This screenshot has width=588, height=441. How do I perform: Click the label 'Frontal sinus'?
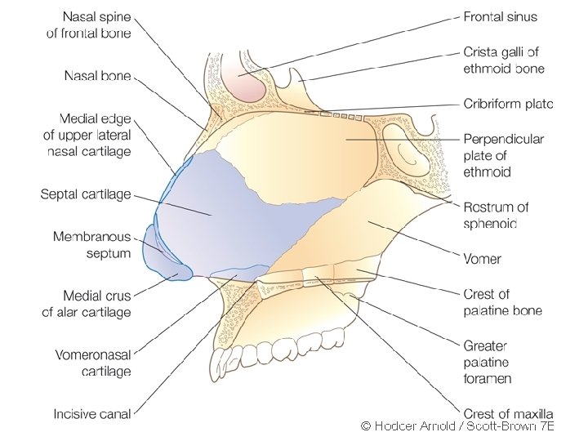click(500, 16)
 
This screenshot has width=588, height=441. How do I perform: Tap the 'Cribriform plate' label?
click(508, 104)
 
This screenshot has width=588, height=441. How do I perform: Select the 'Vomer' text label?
click(482, 259)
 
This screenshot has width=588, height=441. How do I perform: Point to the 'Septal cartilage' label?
click(86, 194)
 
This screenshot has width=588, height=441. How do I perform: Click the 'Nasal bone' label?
click(98, 76)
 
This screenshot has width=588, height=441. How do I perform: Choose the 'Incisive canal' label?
click(92, 414)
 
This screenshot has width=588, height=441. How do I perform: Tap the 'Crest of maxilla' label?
click(508, 414)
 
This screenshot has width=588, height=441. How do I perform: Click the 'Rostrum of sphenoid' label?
click(496, 215)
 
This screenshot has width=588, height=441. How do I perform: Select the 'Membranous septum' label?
click(91, 244)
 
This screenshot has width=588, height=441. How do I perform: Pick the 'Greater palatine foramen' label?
click(488, 362)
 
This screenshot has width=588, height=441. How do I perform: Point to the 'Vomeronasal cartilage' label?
click(93, 363)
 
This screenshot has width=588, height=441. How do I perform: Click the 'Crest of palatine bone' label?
click(502, 302)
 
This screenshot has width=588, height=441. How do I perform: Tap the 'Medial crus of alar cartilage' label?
click(87, 303)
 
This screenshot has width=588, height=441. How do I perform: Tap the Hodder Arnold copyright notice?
click(457, 425)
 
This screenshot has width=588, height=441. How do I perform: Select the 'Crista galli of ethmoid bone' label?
click(504, 60)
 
